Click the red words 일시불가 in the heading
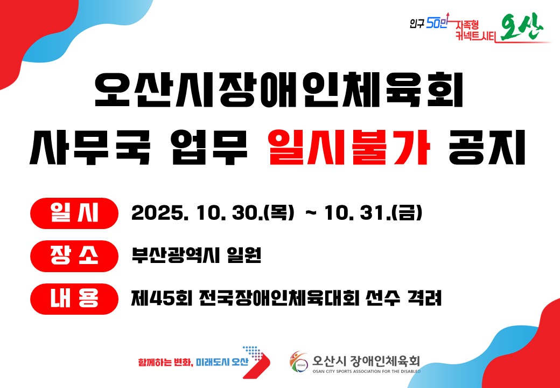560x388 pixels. click(349, 147)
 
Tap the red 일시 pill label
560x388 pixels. click(74, 213)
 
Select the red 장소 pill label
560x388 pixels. click(74, 256)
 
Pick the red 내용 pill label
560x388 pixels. click(74, 299)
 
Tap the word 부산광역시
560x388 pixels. click(175, 256)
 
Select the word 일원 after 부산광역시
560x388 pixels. click(244, 256)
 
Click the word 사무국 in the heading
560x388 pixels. click(88, 147)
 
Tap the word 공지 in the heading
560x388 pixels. click(487, 147)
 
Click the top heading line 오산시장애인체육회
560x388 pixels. click(279, 89)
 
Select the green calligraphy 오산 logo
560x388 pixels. click(522, 29)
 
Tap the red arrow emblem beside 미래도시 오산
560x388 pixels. click(256, 362)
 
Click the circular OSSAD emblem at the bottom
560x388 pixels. click(298, 362)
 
